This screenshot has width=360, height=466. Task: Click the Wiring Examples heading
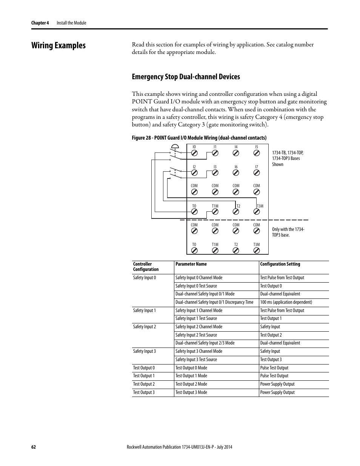(58, 45)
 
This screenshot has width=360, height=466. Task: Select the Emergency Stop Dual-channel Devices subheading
(186, 77)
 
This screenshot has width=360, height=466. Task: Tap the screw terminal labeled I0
(194, 153)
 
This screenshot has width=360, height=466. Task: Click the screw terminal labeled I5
(257, 153)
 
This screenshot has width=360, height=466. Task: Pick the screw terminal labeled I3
(215, 172)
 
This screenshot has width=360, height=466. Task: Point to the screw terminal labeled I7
(257, 172)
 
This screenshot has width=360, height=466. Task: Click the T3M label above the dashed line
(260, 206)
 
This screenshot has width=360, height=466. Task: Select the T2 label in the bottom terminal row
(236, 245)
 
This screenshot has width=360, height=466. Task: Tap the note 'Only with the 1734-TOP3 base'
(288, 232)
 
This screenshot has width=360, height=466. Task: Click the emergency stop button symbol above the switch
(174, 146)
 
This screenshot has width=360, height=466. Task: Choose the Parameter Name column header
(191, 264)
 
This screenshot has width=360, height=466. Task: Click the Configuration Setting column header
(280, 264)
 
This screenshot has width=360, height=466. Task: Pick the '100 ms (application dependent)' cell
(286, 302)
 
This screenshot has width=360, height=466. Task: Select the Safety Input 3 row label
(144, 351)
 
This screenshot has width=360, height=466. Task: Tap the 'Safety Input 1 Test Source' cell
(196, 318)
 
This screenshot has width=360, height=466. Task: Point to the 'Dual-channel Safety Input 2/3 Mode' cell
(205, 343)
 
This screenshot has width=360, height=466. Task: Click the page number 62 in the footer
(34, 447)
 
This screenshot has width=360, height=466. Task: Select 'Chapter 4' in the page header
(40, 23)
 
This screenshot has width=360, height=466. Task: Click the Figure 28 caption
(199, 138)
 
